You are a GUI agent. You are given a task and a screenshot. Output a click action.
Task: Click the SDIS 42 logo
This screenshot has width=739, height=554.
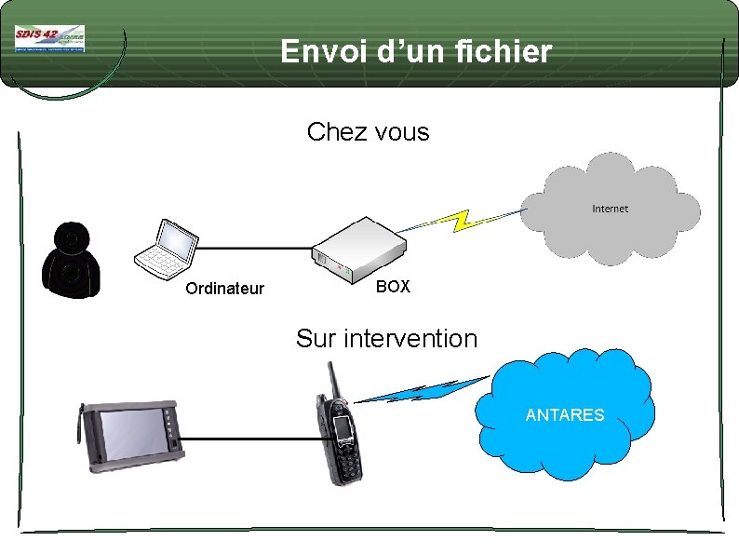(x=49, y=38)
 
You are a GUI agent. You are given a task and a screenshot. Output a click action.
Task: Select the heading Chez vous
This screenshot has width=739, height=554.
(x=368, y=132)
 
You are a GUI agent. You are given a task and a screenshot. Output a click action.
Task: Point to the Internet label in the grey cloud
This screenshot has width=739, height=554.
(x=610, y=209)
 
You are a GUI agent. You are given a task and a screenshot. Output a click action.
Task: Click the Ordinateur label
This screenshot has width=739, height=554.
(x=224, y=289)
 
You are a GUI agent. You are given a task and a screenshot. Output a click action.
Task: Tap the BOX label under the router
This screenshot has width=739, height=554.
(x=393, y=287)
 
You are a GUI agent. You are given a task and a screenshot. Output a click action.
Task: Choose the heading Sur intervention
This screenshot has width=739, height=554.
(x=386, y=339)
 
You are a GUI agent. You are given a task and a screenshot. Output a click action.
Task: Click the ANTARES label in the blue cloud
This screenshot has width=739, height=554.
(x=565, y=415)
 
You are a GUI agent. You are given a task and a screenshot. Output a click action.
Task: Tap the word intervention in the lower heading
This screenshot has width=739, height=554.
(x=410, y=339)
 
